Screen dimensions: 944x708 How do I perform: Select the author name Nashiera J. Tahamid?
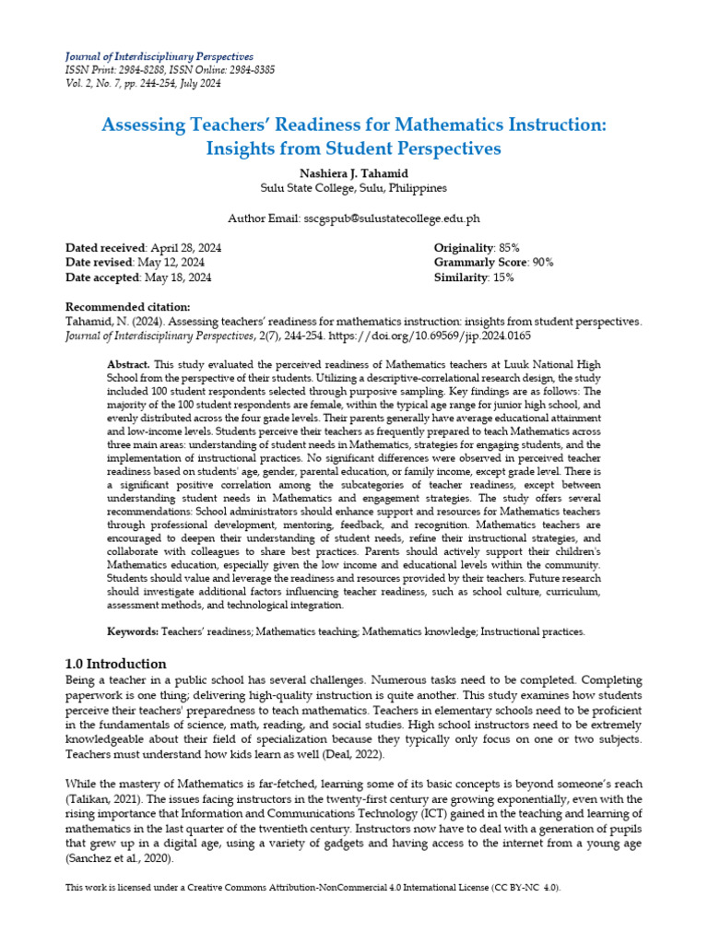353,172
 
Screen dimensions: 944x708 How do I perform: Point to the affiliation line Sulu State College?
353,187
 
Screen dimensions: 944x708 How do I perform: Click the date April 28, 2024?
185,248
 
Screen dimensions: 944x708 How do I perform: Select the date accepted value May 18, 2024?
179,277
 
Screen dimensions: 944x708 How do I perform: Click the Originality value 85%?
509,248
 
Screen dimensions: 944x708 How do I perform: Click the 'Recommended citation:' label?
128,307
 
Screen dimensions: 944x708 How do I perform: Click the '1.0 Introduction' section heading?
116,664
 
